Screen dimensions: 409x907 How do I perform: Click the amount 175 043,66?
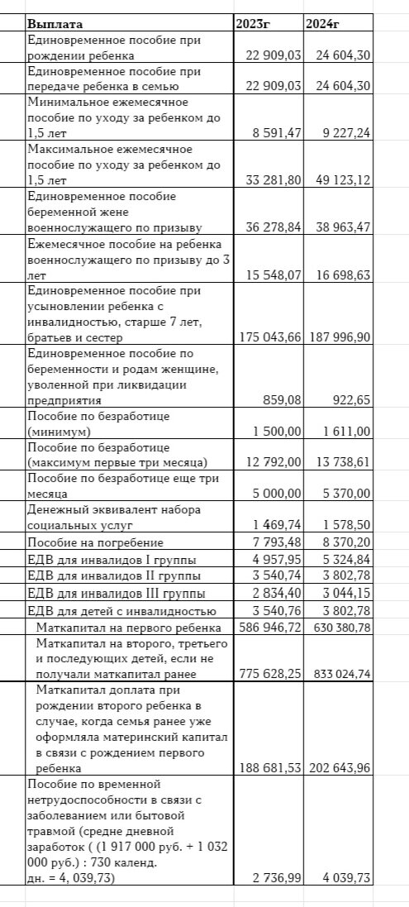coord(268,337)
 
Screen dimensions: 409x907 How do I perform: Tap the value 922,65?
coord(351,399)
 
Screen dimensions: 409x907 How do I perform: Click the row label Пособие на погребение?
coord(96,542)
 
